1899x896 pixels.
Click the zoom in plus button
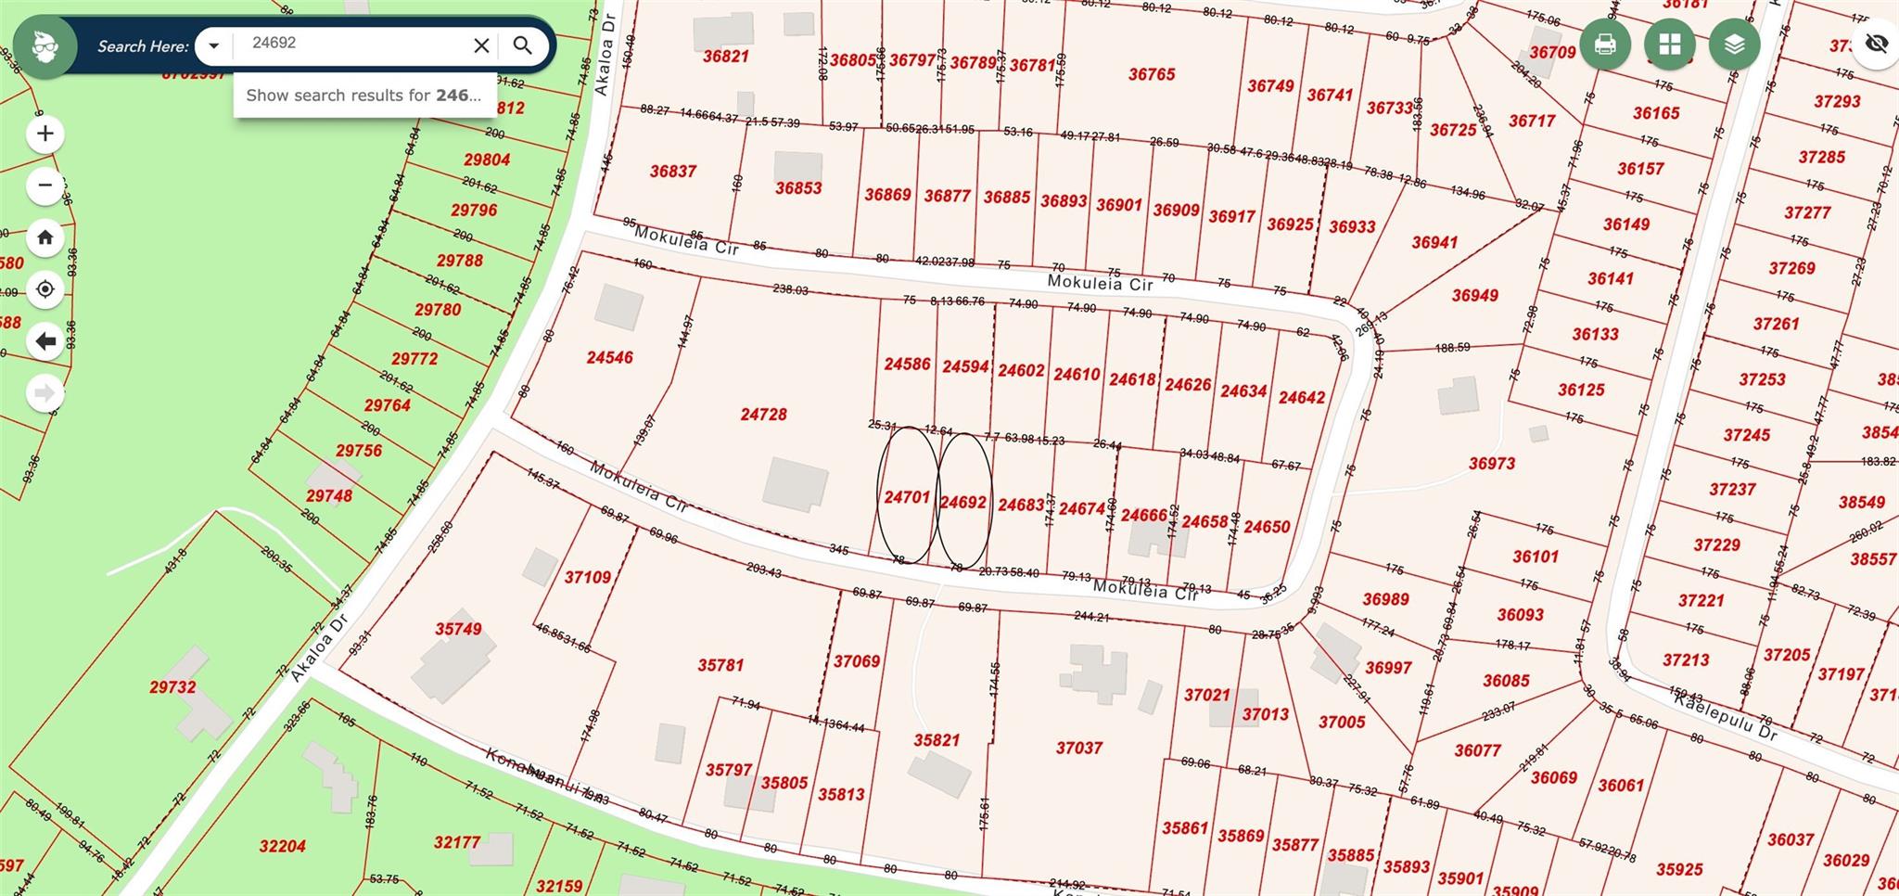(45, 134)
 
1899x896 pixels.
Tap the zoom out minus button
(45, 186)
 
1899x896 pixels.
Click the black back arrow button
(45, 341)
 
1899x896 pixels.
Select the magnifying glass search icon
(523, 45)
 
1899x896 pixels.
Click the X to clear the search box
(481, 45)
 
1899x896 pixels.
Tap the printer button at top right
(1605, 44)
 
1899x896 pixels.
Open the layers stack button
(1734, 44)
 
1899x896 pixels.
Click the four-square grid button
(1669, 44)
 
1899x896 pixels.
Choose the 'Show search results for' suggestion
(363, 95)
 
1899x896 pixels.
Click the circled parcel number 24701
(907, 497)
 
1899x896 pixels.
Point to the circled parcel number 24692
(963, 502)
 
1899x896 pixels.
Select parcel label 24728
(763, 414)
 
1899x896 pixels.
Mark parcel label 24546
(609, 357)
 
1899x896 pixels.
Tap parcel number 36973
(1491, 463)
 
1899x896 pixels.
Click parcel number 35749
(458, 629)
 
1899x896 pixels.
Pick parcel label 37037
(1078, 748)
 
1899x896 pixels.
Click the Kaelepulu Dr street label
(1725, 716)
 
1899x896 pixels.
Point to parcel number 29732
(172, 687)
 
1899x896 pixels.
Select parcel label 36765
(1152, 74)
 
